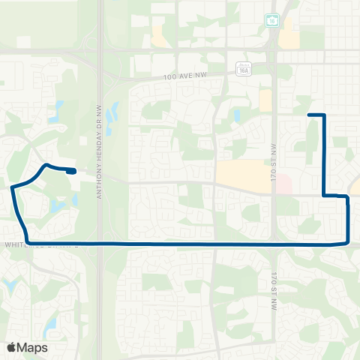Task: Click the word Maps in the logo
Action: coord(34,347)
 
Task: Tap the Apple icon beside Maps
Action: coord(11,346)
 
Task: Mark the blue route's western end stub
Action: coord(71,171)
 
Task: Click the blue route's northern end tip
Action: coord(310,115)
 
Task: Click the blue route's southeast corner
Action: coord(347,241)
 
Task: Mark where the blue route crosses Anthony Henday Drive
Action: coord(100,244)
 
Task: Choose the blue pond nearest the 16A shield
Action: coord(237,116)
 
